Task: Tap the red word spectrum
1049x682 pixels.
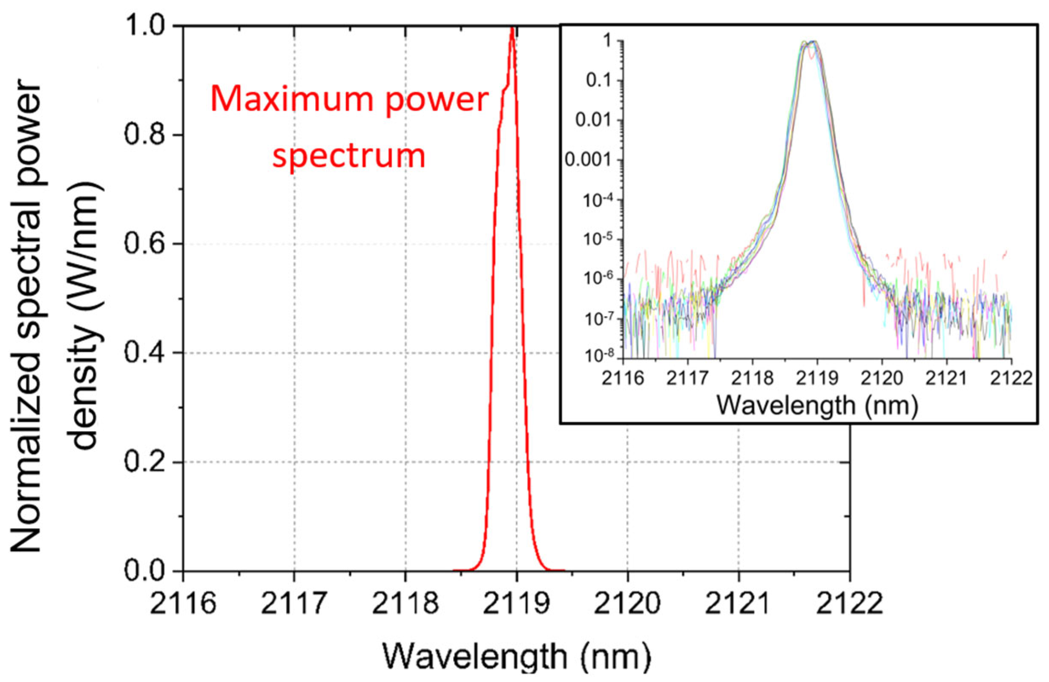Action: tap(349, 155)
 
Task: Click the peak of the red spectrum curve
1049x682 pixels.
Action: tap(512, 29)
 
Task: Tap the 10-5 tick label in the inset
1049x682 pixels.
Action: tap(599, 239)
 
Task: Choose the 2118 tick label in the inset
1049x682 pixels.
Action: tap(753, 378)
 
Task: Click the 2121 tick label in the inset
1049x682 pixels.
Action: tap(946, 378)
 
